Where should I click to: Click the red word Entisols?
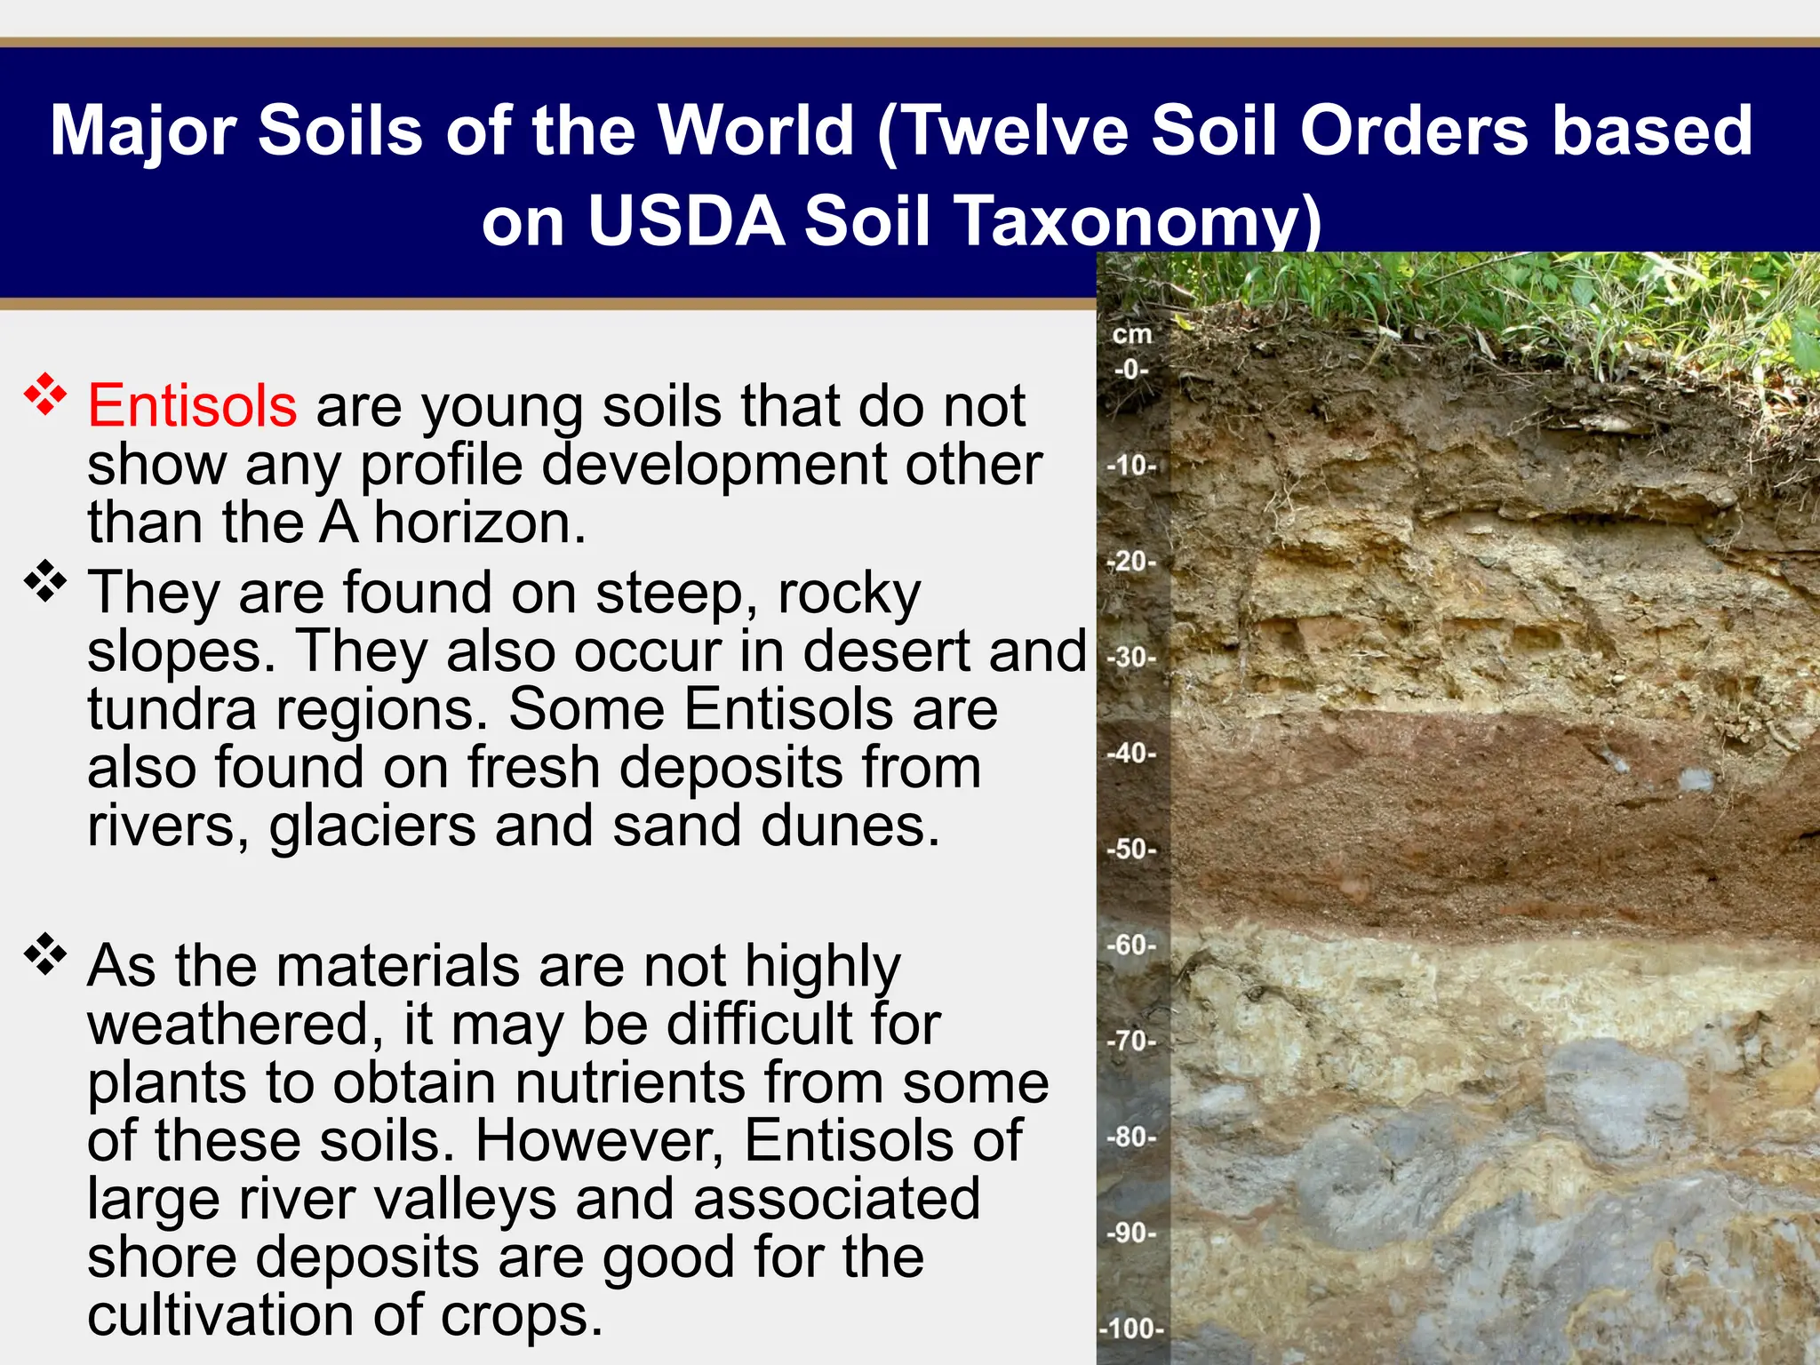pos(192,406)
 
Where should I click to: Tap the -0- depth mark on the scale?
pos(1131,369)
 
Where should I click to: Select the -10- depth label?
pos(1132,465)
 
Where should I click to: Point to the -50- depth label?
pos(1132,849)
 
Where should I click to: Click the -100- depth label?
pos(1131,1329)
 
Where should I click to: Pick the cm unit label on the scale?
pos(1131,335)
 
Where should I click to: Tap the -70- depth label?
pos(1132,1041)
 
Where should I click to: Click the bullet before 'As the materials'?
pos(45,954)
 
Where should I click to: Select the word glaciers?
pos(372,826)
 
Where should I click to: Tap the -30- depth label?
pos(1132,657)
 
